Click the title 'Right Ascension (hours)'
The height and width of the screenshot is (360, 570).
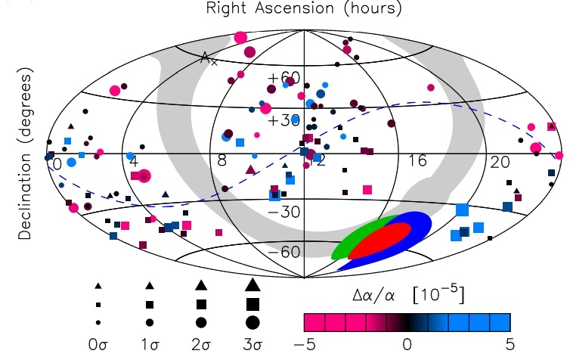coord(304,8)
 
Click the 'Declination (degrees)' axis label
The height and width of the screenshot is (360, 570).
coord(25,153)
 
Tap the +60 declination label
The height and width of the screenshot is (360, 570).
coord(284,78)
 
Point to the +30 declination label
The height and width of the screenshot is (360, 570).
coord(284,120)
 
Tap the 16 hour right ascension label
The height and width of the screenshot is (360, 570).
coord(417,160)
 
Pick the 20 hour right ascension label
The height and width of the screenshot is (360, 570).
coord(500,162)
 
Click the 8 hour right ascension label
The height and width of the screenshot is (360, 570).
coord(222,160)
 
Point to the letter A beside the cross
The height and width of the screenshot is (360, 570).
coord(205,57)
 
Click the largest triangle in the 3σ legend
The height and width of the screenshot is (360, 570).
coord(252,284)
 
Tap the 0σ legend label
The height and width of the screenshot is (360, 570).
coord(98,343)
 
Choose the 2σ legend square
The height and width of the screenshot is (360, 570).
coord(201,304)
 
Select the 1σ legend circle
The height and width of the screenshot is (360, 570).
coord(150,322)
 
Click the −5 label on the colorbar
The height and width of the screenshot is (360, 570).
coord(305,343)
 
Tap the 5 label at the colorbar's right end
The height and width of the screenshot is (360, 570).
coord(510,343)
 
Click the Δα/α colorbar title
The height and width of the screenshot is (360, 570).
coord(408,295)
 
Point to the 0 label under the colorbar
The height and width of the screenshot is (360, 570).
coord(407,343)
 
